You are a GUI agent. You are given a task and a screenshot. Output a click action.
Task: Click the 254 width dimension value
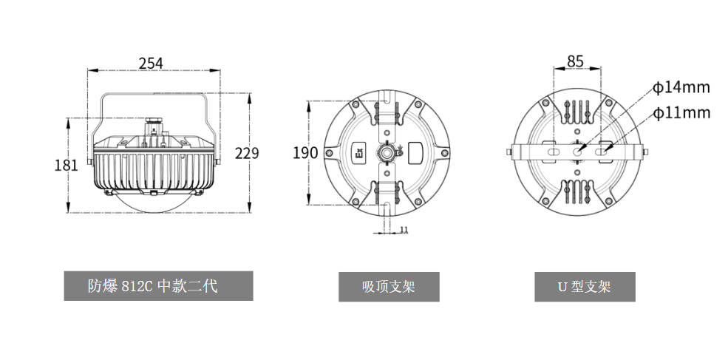(152, 63)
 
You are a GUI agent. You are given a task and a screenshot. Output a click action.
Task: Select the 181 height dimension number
(67, 165)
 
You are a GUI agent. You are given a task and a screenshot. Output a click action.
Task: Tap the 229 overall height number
(247, 153)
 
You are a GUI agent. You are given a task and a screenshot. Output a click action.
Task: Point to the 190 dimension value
(305, 152)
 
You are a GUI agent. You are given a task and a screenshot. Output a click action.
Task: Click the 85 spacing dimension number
(575, 61)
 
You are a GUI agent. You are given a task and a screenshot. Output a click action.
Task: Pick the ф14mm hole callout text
(681, 87)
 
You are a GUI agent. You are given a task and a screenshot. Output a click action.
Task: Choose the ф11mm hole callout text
(681, 113)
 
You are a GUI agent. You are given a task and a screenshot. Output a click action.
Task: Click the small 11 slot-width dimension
(404, 229)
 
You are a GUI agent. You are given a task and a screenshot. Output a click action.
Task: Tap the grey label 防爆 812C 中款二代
(158, 285)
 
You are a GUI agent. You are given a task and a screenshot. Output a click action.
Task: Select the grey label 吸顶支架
(389, 287)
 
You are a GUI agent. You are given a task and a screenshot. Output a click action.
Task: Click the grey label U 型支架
(585, 287)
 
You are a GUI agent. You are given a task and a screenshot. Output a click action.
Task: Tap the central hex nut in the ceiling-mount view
(387, 152)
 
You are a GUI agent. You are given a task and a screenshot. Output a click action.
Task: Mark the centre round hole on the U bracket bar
(577, 152)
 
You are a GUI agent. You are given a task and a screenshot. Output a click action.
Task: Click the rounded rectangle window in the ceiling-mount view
(416, 152)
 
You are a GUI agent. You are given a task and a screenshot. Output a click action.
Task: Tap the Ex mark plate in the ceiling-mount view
(359, 152)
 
